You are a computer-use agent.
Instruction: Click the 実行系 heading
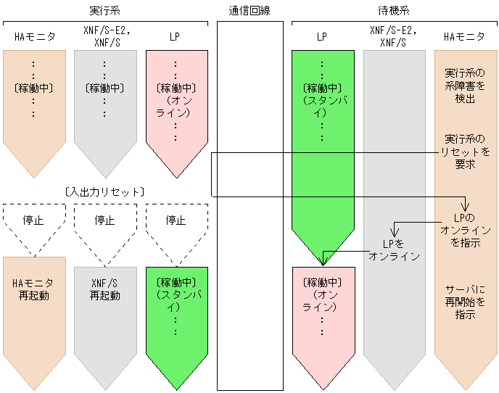pyautogui.click(x=104, y=11)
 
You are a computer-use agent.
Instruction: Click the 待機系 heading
pyautogui.click(x=395, y=11)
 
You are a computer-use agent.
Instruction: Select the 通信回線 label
pyautogui.click(x=249, y=11)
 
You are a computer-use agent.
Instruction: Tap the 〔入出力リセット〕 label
pyautogui.click(x=104, y=191)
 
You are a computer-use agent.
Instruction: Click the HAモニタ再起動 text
pyautogui.click(x=34, y=289)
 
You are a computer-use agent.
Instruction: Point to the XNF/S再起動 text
pyautogui.click(x=104, y=289)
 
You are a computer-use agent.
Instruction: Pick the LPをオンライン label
pyautogui.click(x=394, y=249)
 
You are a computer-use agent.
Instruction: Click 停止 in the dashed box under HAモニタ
pyautogui.click(x=34, y=220)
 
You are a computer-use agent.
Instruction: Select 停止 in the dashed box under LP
pyautogui.click(x=176, y=220)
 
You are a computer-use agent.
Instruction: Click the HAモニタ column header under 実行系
pyautogui.click(x=34, y=36)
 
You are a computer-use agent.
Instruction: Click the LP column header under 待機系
pyautogui.click(x=322, y=36)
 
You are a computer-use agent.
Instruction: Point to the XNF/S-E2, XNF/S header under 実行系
pyautogui.click(x=104, y=36)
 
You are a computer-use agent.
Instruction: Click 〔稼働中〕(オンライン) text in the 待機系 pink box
pyautogui.click(x=322, y=294)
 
